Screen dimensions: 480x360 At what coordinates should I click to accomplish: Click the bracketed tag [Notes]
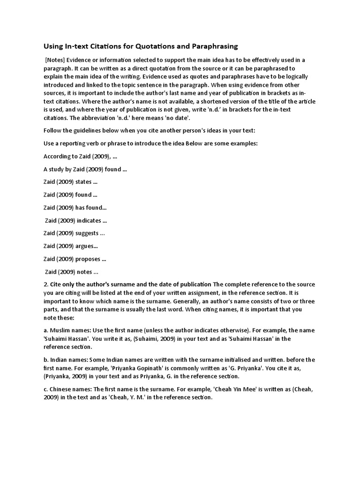56,60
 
